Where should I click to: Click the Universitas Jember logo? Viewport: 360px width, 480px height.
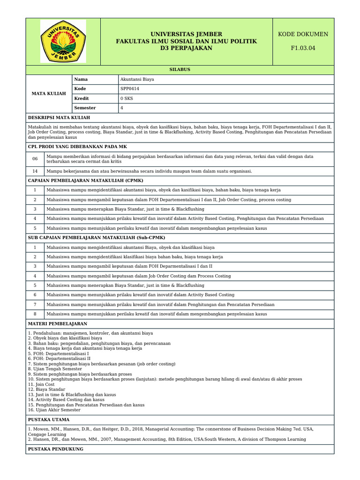(x=63, y=41)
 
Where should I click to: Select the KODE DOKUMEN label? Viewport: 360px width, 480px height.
(x=303, y=34)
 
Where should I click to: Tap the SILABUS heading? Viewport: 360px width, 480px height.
(x=180, y=69)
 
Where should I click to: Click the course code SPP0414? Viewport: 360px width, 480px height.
(x=130, y=89)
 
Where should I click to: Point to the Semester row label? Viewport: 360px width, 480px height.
(x=85, y=108)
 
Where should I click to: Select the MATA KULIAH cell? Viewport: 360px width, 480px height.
(x=49, y=94)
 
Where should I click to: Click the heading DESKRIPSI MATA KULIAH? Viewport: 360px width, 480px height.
(x=59, y=118)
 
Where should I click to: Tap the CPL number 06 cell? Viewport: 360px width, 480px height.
(x=35, y=159)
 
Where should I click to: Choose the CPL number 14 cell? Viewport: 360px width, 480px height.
(x=35, y=171)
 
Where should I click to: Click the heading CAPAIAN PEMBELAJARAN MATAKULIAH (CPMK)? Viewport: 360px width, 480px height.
(x=86, y=180)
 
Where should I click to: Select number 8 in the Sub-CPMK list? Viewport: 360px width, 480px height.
(x=35, y=314)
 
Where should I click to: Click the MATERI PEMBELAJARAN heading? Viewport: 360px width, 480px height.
(x=58, y=324)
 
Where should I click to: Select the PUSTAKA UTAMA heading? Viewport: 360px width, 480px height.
(x=49, y=420)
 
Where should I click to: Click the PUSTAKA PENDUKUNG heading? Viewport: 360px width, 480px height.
(x=56, y=449)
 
